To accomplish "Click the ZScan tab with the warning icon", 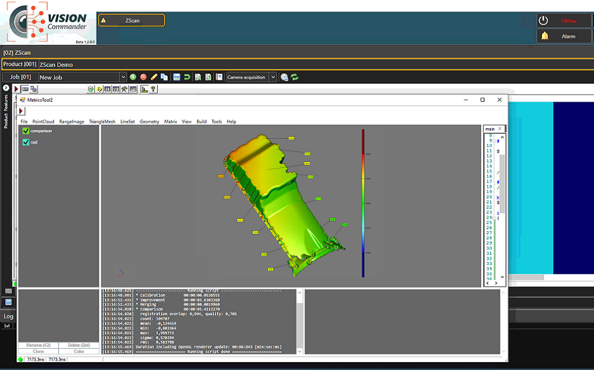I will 131,20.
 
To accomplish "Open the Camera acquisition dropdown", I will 273,77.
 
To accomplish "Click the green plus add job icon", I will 133,77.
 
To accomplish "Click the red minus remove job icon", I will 143,77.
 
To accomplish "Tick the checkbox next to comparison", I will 26,131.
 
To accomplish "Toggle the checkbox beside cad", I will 26,142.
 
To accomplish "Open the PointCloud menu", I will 43,122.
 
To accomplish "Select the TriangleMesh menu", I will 102,122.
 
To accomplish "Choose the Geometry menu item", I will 149,122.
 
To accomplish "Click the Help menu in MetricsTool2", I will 231,122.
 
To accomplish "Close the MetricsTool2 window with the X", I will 500,100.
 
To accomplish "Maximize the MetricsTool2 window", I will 482,100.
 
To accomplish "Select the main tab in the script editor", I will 490,129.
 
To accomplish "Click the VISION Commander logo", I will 46,22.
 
